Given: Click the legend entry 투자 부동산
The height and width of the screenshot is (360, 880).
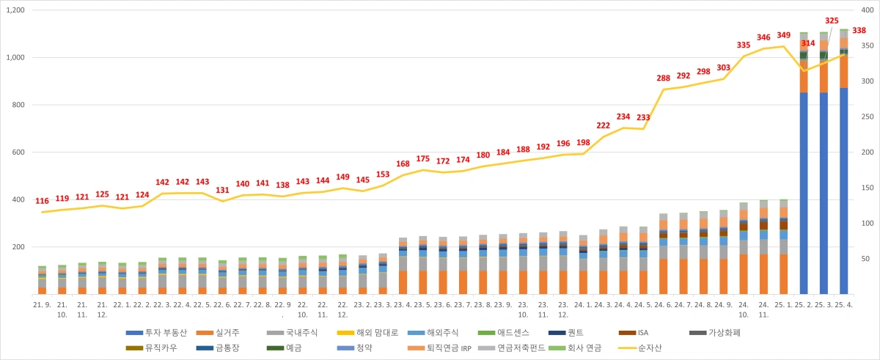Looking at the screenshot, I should coord(155,332).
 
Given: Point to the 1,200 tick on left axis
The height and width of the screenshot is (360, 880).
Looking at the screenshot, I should coord(15,10).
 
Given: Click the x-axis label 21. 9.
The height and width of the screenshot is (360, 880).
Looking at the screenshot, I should coord(42,304).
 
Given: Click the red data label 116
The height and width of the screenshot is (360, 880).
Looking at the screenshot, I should coord(42,201).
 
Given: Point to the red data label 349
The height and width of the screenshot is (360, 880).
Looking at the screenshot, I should coord(783,35).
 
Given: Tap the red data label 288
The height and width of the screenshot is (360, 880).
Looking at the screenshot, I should coord(664,78).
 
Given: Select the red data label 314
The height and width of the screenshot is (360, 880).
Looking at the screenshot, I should coord(808,44).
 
